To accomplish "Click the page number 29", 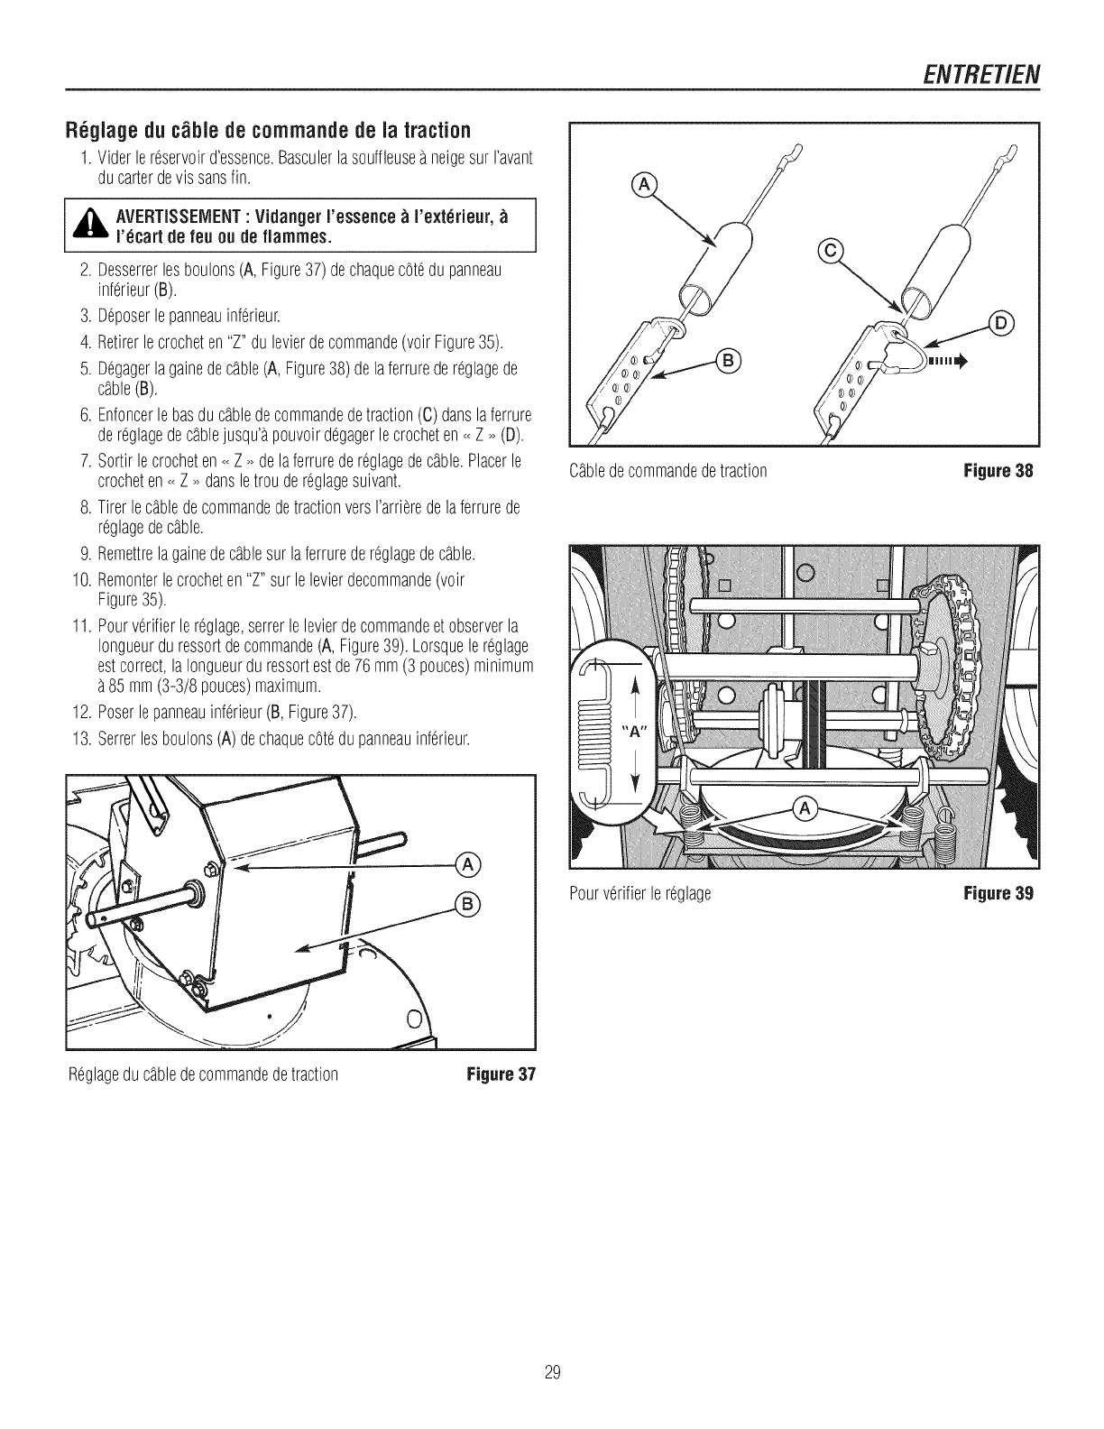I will (553, 1372).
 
